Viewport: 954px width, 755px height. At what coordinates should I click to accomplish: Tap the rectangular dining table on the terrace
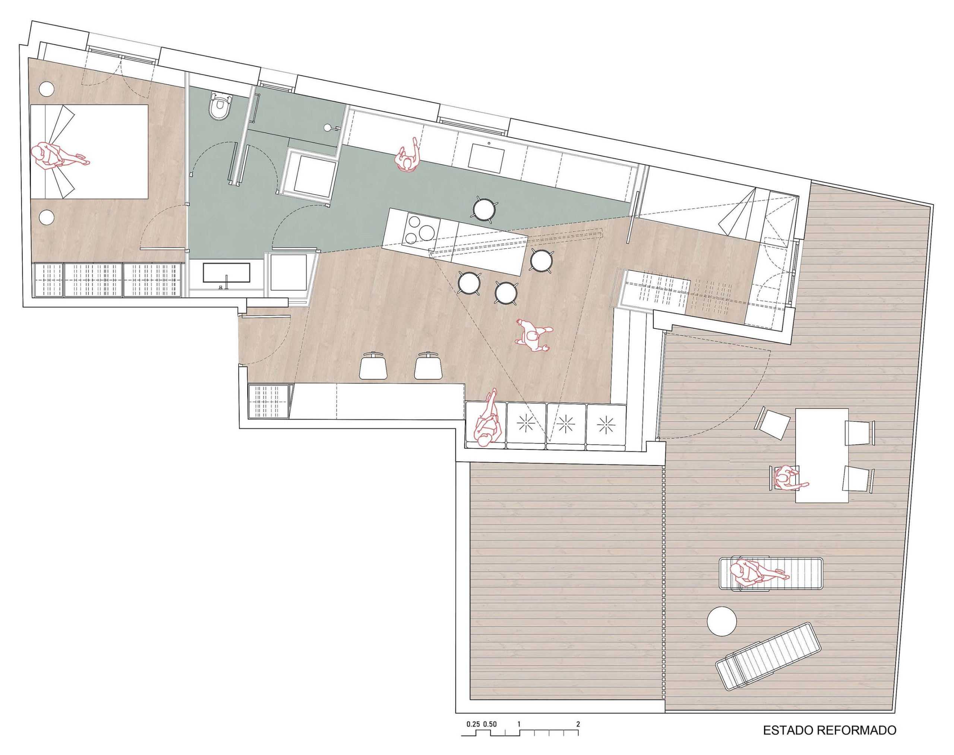click(822, 455)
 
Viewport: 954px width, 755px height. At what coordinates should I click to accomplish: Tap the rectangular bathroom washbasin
click(227, 273)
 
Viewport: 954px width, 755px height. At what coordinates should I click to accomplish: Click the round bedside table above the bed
click(47, 89)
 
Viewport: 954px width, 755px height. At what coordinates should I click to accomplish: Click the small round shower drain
click(327, 128)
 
